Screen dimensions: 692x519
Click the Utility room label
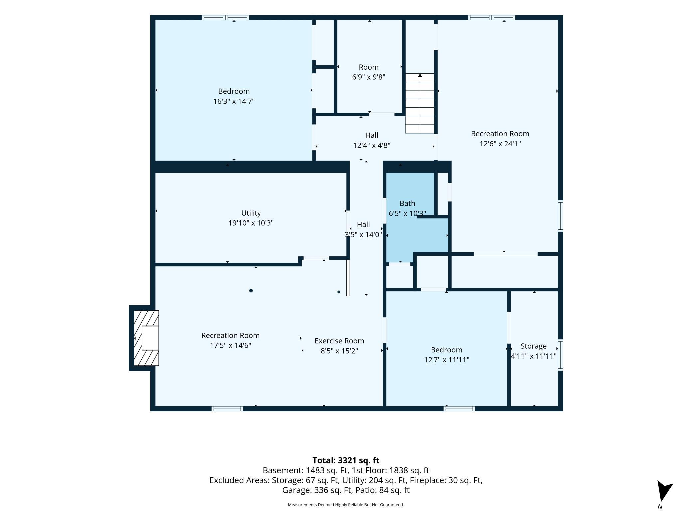point(251,213)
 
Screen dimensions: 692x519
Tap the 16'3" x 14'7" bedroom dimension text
point(234,101)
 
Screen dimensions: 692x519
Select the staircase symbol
point(420,103)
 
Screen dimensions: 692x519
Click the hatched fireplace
point(146,338)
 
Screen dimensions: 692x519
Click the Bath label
point(407,203)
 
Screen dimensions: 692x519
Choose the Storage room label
point(534,346)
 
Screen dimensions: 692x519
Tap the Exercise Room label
point(339,341)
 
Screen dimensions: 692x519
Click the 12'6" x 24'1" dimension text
point(500,144)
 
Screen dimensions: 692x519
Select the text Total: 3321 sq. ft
point(346,460)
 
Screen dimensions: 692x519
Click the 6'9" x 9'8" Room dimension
point(369,77)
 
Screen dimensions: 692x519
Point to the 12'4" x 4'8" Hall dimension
point(372,145)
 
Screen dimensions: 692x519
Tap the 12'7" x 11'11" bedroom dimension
point(446,360)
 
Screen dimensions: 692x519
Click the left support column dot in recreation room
point(251,291)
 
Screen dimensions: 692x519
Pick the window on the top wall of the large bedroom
point(225,18)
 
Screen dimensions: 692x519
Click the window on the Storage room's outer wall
point(560,355)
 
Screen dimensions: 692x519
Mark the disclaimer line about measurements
point(346,505)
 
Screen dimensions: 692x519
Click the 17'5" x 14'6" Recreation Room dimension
point(230,345)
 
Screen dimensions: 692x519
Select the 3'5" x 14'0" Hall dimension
point(363,234)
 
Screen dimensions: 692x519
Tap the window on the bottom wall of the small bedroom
point(459,409)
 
